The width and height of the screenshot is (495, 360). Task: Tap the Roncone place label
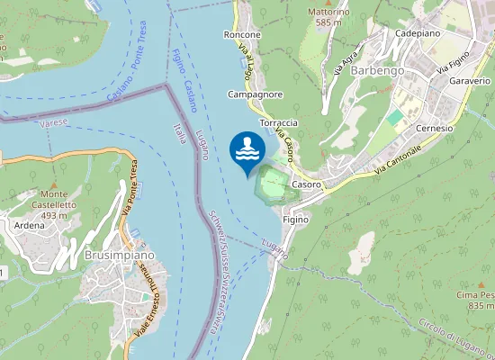pyautogui.click(x=241, y=35)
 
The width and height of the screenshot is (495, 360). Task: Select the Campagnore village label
pyautogui.click(x=256, y=94)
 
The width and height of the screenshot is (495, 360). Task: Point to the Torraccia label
pyautogui.click(x=278, y=122)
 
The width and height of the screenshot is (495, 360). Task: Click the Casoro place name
pyautogui.click(x=307, y=184)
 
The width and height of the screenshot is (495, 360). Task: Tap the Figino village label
pyautogui.click(x=295, y=220)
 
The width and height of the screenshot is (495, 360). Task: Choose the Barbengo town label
pyautogui.click(x=379, y=70)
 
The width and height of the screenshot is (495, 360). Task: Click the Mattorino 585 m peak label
pyautogui.click(x=328, y=17)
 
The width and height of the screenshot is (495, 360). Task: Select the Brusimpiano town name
pyautogui.click(x=119, y=256)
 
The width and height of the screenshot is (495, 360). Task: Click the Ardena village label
pyautogui.click(x=30, y=225)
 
